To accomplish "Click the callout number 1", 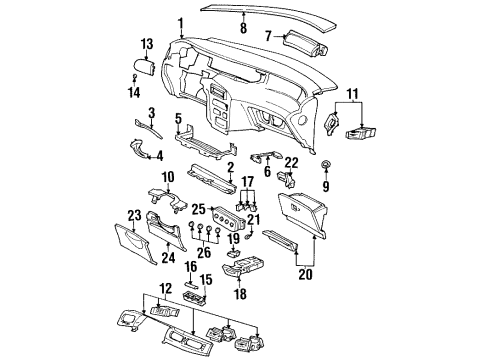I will tap(180, 22).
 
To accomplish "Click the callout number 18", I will tap(239, 297).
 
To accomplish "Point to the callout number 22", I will tap(293, 163).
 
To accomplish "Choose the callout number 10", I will tap(169, 176).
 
